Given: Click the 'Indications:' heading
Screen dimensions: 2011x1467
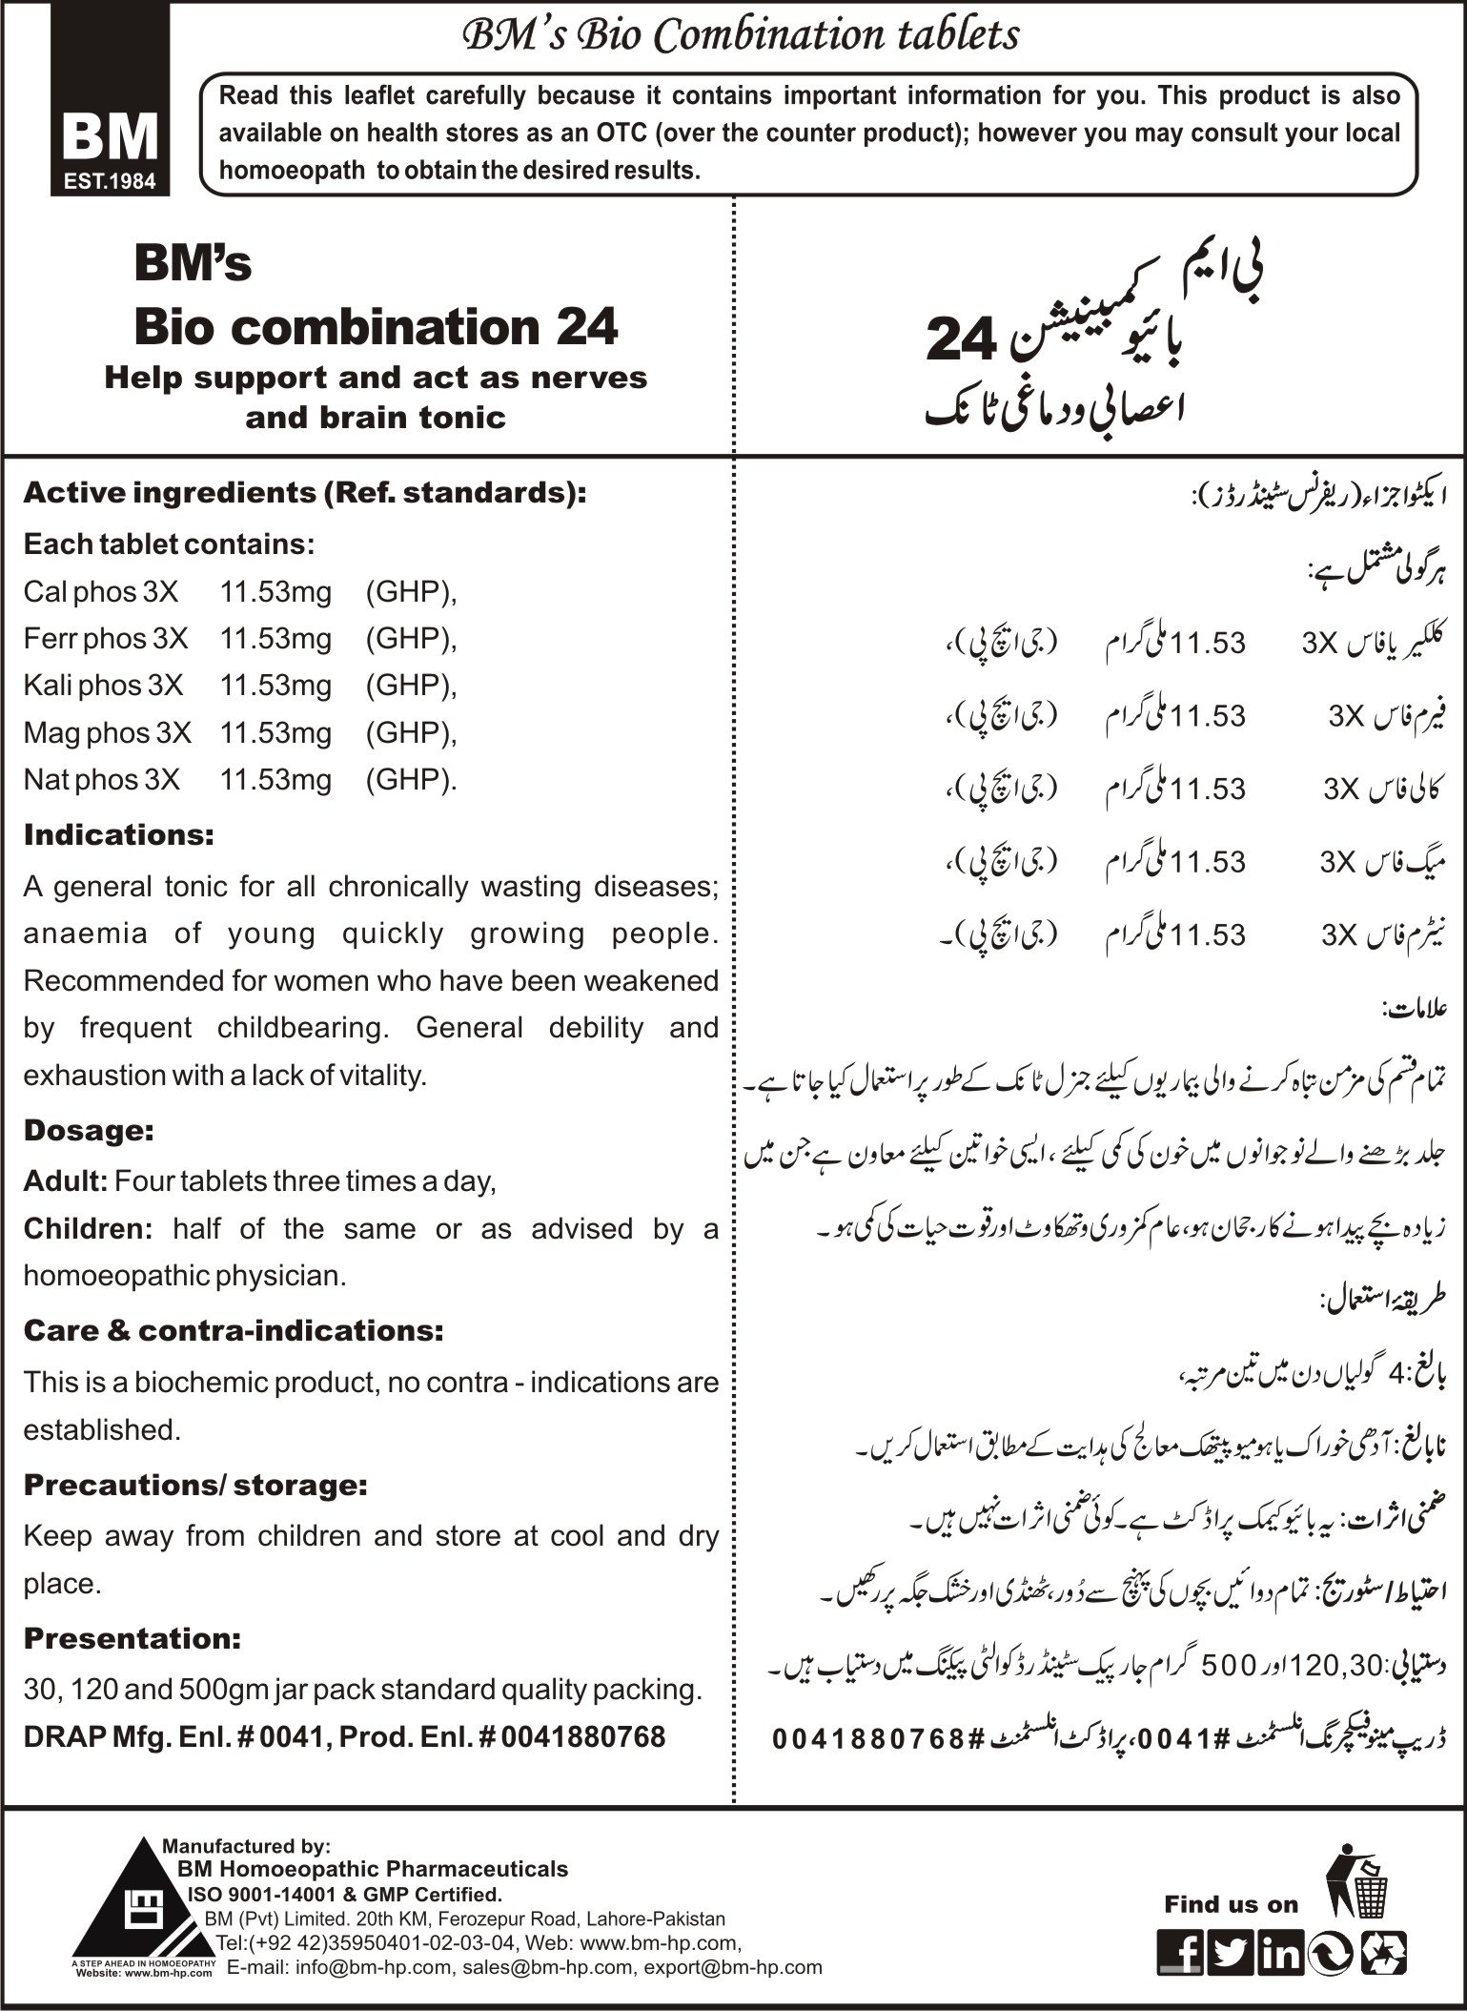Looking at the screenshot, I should click(119, 835).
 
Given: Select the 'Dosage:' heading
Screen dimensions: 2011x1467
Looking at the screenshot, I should click(89, 1131).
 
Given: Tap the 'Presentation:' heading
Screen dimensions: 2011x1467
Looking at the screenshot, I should click(132, 1638).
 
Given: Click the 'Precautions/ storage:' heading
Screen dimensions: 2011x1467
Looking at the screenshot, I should click(195, 1485).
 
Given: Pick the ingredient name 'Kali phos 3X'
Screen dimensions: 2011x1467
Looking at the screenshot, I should click(104, 686).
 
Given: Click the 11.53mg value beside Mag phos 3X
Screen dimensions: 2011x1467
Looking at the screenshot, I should click(275, 732).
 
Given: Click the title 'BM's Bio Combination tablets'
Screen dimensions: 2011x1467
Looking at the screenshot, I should click(741, 35).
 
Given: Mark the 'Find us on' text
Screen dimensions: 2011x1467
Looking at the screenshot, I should click(1231, 1905).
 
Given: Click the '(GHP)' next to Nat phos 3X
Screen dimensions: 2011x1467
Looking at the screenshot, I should click(409, 780).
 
